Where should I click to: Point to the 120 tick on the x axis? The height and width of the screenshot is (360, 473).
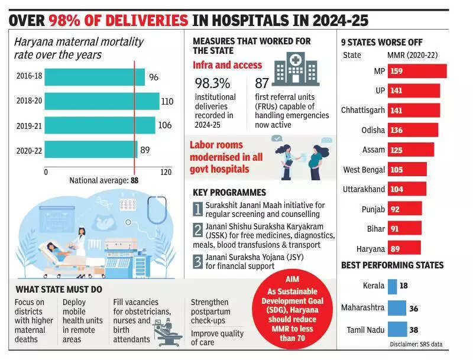(x=166, y=172)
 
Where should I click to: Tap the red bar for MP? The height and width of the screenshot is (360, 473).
(x=416, y=72)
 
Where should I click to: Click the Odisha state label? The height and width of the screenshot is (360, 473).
(x=373, y=130)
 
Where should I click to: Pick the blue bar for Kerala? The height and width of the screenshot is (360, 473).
(x=392, y=286)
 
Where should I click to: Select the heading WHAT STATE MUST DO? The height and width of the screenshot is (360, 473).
(x=59, y=289)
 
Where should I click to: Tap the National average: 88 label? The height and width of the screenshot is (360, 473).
(x=103, y=181)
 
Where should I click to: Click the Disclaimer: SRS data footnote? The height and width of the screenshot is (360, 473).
(x=416, y=344)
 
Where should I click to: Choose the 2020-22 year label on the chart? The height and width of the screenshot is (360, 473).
(x=29, y=150)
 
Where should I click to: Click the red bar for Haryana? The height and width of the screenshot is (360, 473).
(x=404, y=248)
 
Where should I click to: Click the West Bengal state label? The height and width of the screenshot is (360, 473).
(x=364, y=170)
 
